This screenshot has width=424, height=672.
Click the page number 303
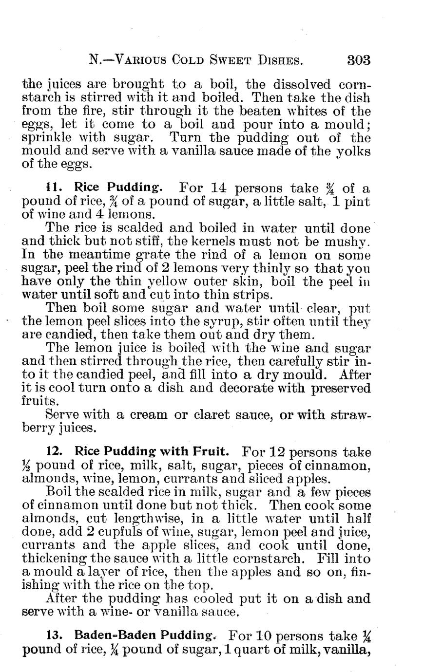point(359,60)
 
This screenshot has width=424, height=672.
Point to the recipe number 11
point(52,187)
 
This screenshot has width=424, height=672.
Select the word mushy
point(348,242)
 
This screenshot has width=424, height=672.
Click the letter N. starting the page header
point(95,61)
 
